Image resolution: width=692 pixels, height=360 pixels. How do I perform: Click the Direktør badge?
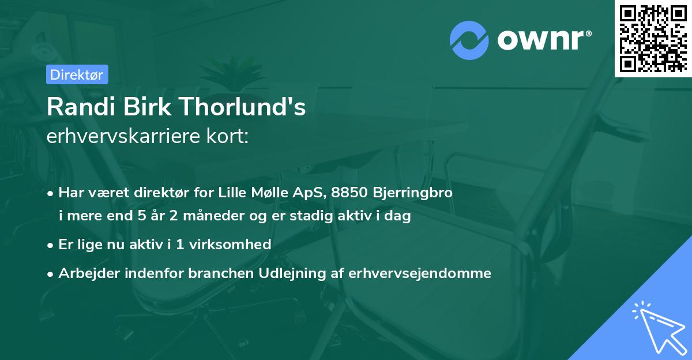pyautogui.click(x=76, y=74)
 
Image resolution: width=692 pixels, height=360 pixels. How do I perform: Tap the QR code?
pyautogui.click(x=653, y=38)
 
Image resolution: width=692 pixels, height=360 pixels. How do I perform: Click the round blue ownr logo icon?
pyautogui.click(x=470, y=40)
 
